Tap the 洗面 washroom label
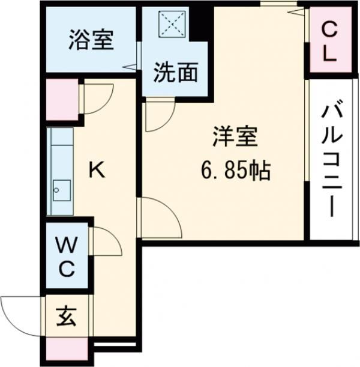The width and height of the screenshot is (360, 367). point(175,73)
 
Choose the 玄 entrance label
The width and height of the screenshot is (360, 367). point(67,316)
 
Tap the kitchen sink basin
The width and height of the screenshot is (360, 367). point(59,192)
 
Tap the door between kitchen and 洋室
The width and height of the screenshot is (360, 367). point(159,217)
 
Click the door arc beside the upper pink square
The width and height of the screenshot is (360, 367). point(98,96)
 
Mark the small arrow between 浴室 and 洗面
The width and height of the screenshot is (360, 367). point(129,67)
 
